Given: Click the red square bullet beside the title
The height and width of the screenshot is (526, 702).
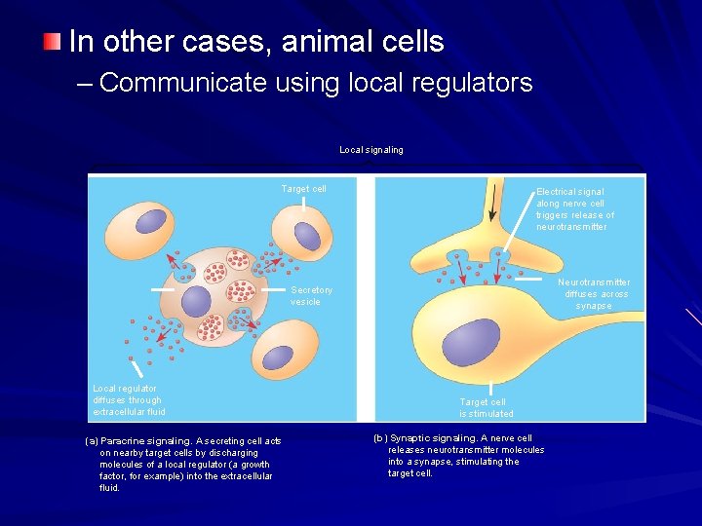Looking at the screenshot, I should point(52,41).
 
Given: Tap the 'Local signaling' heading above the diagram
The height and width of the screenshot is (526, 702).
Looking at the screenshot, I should point(370,150).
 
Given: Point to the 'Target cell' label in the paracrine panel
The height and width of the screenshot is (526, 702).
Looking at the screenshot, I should point(303,188).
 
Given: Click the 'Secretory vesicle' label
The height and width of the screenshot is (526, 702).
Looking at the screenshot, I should point(311,295).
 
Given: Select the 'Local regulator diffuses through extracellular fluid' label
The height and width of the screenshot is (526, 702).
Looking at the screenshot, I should point(129,399).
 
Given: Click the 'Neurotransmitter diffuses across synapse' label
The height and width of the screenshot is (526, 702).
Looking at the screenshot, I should point(594,294).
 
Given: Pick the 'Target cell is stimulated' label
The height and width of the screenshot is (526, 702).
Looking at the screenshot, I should point(486,407).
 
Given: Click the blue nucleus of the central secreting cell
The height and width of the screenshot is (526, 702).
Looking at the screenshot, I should point(196,301).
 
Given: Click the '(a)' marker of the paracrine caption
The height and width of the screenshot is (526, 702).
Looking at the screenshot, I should point(93,441).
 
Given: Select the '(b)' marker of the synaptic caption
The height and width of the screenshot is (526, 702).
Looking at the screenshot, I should point(379,438).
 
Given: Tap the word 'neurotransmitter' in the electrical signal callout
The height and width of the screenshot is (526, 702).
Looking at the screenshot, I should point(571,227).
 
